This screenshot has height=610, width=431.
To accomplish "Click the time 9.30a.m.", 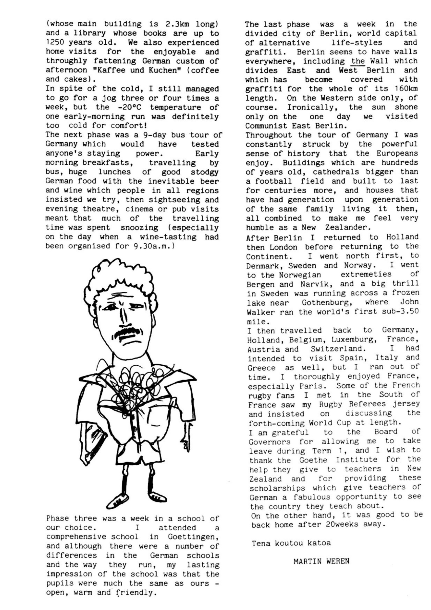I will (x=153, y=246).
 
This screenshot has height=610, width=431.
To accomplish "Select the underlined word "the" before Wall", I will (x=358, y=61).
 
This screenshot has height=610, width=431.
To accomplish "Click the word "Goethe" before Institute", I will (x=313, y=460).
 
